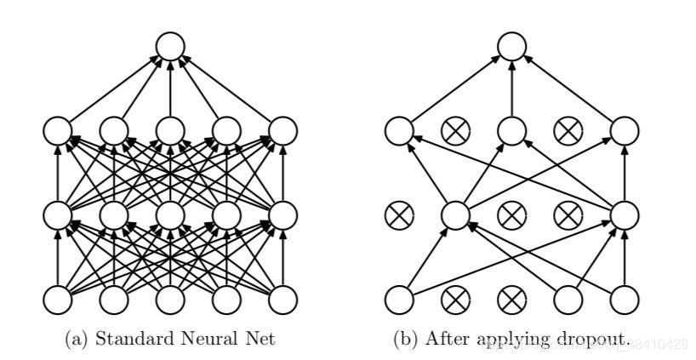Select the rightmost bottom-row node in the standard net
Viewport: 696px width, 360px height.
(x=283, y=300)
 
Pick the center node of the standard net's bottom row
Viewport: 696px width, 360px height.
(x=170, y=300)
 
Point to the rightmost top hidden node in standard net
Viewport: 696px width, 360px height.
(x=283, y=130)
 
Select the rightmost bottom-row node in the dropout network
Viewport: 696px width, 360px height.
(x=624, y=300)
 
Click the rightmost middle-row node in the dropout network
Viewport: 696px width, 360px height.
(x=624, y=214)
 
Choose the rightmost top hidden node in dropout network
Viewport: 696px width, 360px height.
(x=624, y=130)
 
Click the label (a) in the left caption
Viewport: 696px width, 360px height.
(x=75, y=340)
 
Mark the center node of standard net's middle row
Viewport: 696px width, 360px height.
(x=170, y=214)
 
